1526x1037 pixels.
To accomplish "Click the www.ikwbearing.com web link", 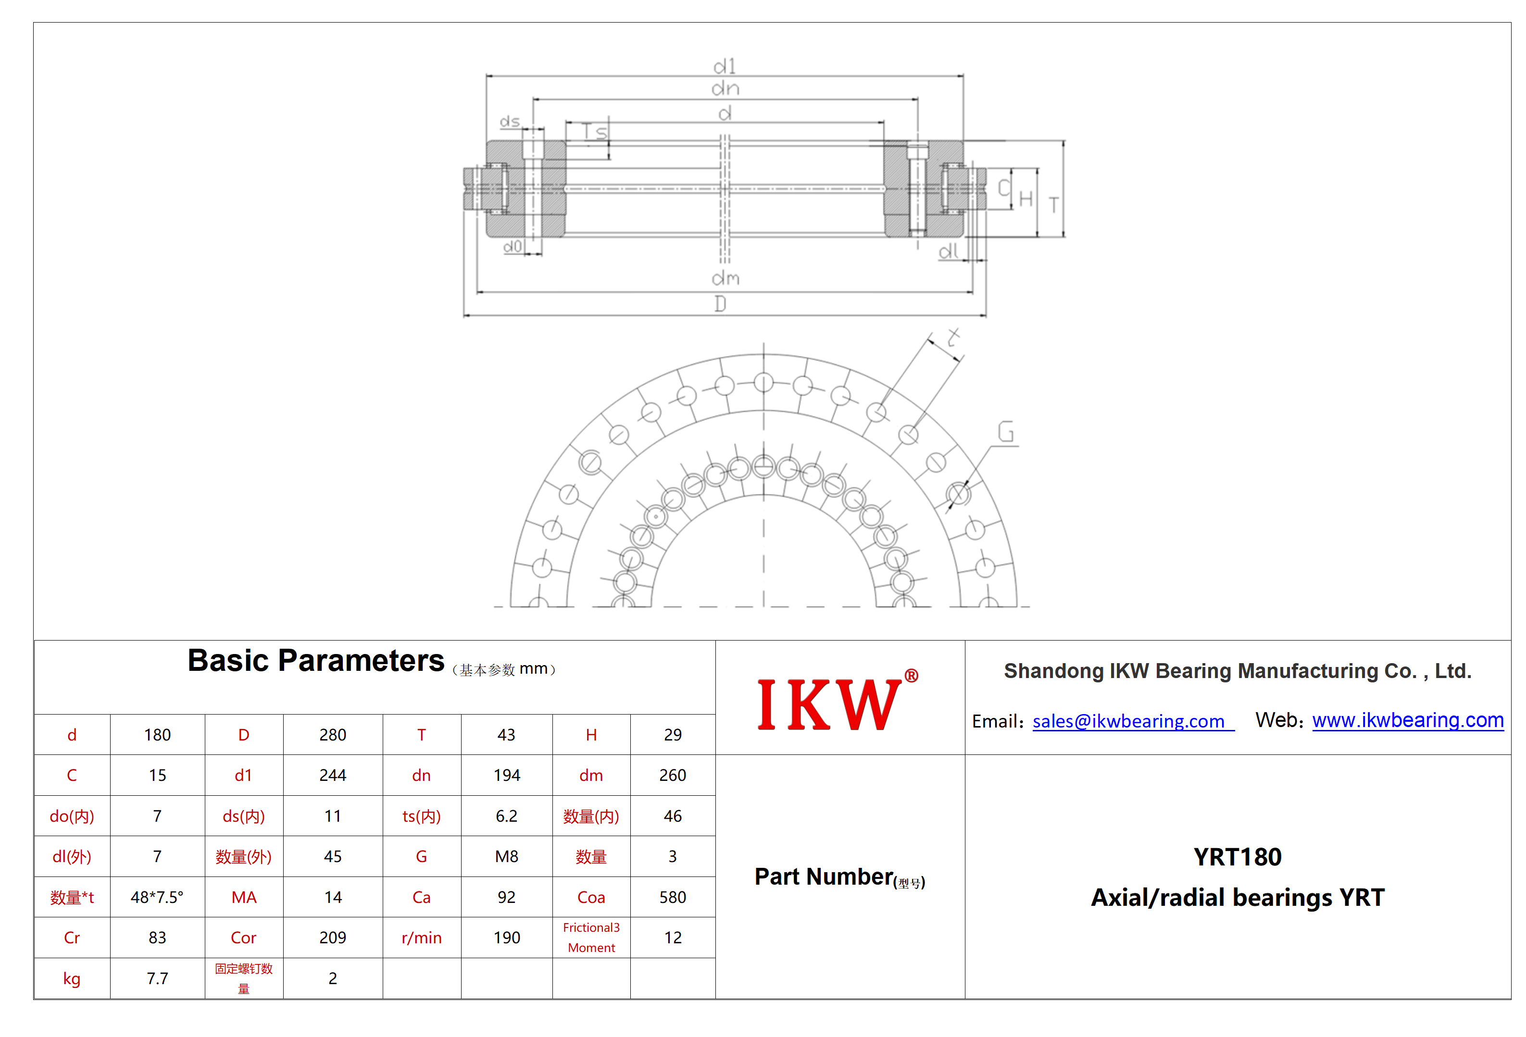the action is (1407, 720).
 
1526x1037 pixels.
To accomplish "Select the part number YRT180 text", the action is (1237, 856).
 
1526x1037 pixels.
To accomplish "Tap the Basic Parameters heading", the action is (316, 660).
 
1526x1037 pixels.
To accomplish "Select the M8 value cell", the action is (506, 856).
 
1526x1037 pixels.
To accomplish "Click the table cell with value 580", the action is (673, 897).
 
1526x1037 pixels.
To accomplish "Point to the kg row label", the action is (72, 978).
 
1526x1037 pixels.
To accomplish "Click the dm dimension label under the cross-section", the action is (725, 278).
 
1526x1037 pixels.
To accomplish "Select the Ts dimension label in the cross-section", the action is (595, 132).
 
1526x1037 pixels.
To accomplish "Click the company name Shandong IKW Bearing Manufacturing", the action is (1237, 671).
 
